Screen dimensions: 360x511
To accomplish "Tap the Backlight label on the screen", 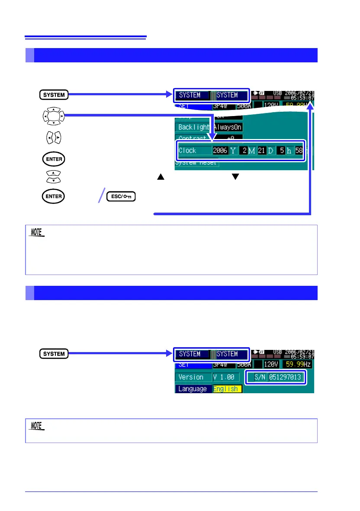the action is (193, 127).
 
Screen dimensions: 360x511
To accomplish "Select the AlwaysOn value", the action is (227, 127).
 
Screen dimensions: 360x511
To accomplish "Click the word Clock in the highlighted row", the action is (187, 151).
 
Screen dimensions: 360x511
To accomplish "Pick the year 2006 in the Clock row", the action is (219, 151).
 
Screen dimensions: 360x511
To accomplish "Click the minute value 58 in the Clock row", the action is (299, 151).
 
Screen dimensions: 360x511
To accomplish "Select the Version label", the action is (191, 377).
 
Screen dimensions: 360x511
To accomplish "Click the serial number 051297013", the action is (285, 377).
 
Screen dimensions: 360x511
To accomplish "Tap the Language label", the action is (193, 389).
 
